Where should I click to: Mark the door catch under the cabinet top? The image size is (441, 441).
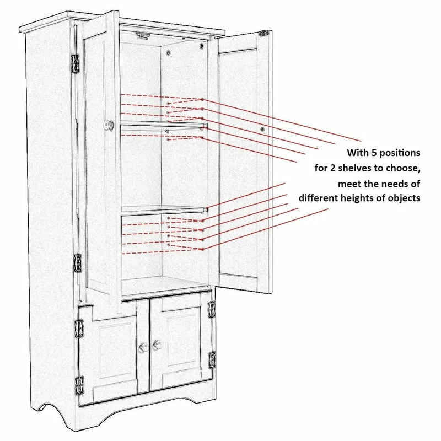(143, 36)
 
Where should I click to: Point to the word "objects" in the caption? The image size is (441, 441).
(403, 198)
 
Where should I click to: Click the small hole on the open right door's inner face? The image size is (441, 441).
(263, 128)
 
